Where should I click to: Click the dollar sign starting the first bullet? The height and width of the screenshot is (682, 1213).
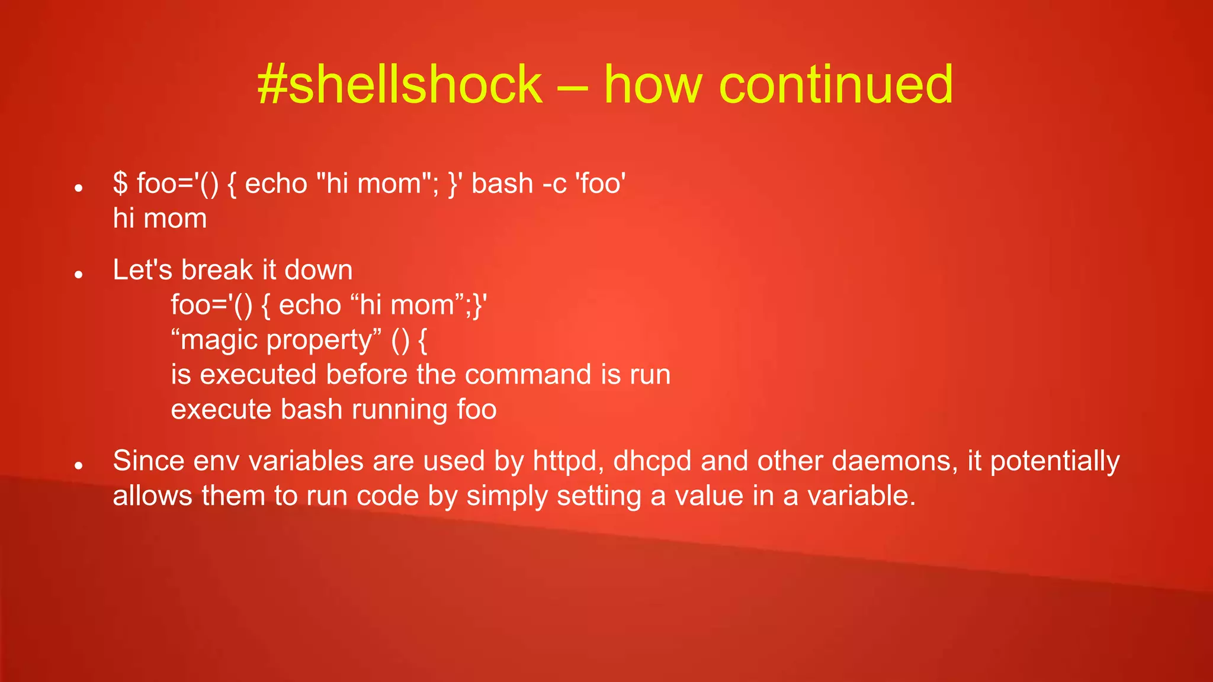tap(120, 183)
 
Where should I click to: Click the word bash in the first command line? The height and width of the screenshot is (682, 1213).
tap(502, 184)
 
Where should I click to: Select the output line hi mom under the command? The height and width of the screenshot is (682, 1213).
tap(160, 218)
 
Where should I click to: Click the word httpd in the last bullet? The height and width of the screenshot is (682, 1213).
tap(568, 461)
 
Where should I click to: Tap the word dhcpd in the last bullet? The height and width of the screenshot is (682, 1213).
tap(652, 461)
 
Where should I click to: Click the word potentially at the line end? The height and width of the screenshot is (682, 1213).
tap(1055, 461)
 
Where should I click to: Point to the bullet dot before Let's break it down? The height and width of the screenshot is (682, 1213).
tap(78, 274)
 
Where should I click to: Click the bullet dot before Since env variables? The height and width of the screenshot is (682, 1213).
tap(78, 466)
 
